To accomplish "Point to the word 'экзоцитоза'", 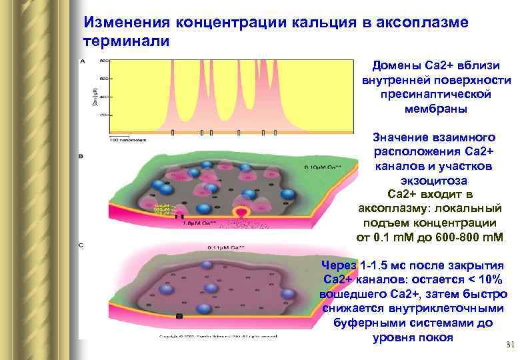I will (435, 180).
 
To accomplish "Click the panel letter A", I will (82, 61).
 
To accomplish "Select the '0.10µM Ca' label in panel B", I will (322, 167).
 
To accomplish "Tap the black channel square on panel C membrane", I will (178, 315).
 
